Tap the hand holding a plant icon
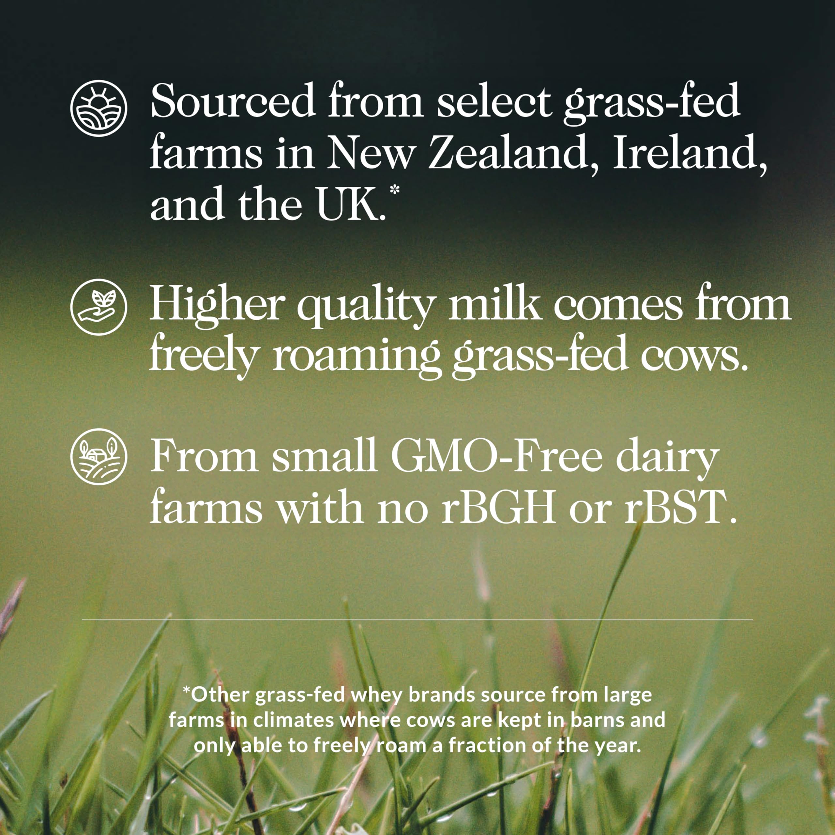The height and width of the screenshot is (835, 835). click(99, 307)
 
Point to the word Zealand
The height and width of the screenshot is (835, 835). click(508, 152)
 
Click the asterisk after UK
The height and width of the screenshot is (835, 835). click(394, 190)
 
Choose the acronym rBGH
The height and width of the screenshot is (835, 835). click(499, 507)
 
